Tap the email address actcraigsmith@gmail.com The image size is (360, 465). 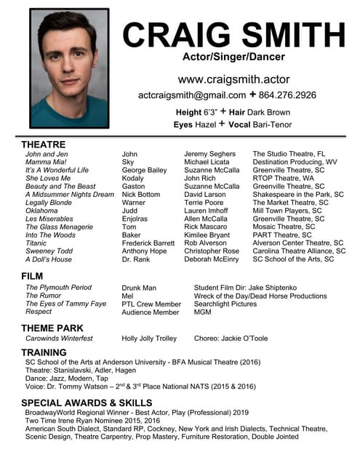(x=192, y=95)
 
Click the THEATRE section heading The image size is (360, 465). (x=43, y=145)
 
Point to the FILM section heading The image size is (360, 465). (x=32, y=276)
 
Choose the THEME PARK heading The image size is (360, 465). (x=52, y=328)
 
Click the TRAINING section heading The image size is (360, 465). (x=44, y=352)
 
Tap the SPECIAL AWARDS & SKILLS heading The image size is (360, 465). (x=87, y=403)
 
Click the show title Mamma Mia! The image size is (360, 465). (x=47, y=162)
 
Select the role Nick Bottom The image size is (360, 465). (x=141, y=194)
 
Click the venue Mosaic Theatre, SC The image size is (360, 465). (x=284, y=227)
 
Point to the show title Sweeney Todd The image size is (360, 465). (x=49, y=251)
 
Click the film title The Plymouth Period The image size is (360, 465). (x=58, y=288)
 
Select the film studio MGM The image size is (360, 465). (x=202, y=312)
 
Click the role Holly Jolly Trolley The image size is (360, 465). (x=149, y=339)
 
